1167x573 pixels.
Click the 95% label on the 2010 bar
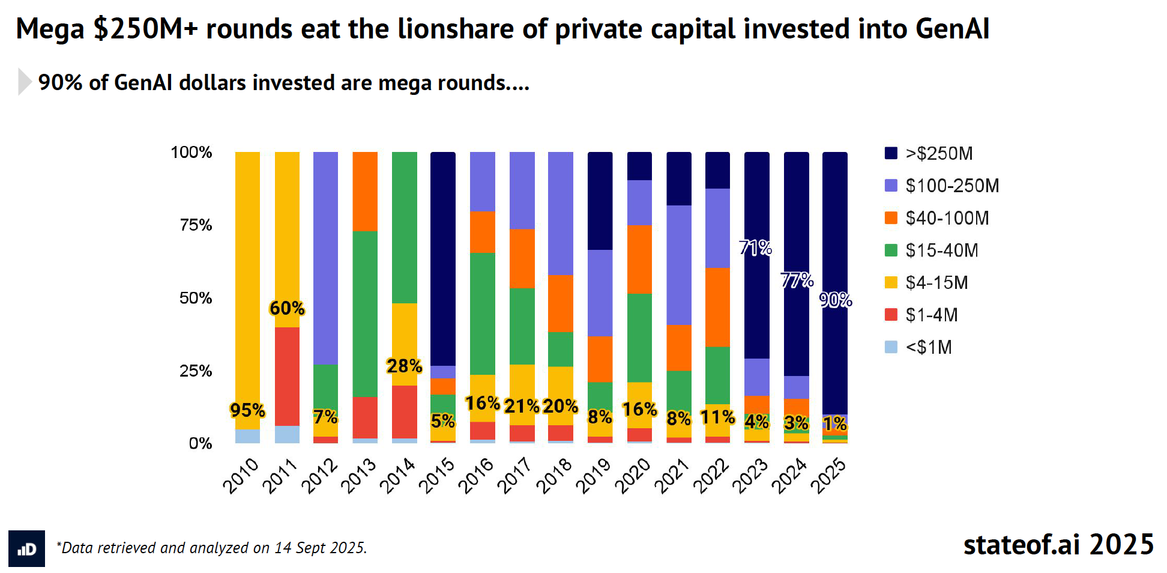coord(247,410)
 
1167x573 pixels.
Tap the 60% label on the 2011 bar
coord(287,308)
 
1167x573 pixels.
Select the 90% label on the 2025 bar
coord(836,300)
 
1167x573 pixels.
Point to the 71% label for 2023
coord(755,247)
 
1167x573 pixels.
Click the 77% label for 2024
coord(797,280)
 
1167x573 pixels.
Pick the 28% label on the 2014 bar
coord(404,366)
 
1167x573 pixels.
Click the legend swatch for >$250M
coord(891,153)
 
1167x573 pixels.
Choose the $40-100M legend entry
coord(947,218)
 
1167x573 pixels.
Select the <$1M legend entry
coord(928,347)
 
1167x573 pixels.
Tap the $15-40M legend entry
coord(941,250)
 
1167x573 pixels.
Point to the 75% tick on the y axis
coord(196,225)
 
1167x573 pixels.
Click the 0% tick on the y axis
coord(200,444)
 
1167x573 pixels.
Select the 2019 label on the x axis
coord(593,476)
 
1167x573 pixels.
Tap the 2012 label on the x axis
coord(319,476)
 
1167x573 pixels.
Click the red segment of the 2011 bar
coord(287,376)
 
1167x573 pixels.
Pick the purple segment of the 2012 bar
coord(325,258)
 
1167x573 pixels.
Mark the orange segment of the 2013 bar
coord(365,192)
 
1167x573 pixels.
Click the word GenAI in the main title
coord(952,29)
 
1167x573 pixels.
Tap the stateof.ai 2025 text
coord(1058,545)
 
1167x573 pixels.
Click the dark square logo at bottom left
coord(26,548)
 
